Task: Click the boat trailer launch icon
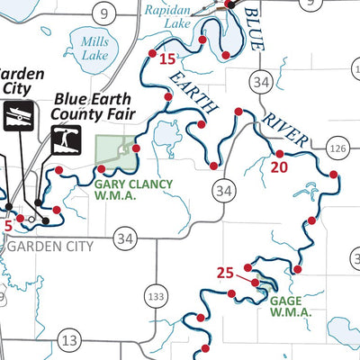(x=19, y=117)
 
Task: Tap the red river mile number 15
(x=166, y=60)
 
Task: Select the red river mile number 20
(x=278, y=166)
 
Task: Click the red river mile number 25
(x=225, y=272)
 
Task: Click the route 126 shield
(x=337, y=148)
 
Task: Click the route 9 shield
(x=105, y=13)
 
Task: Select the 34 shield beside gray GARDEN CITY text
(x=125, y=238)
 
